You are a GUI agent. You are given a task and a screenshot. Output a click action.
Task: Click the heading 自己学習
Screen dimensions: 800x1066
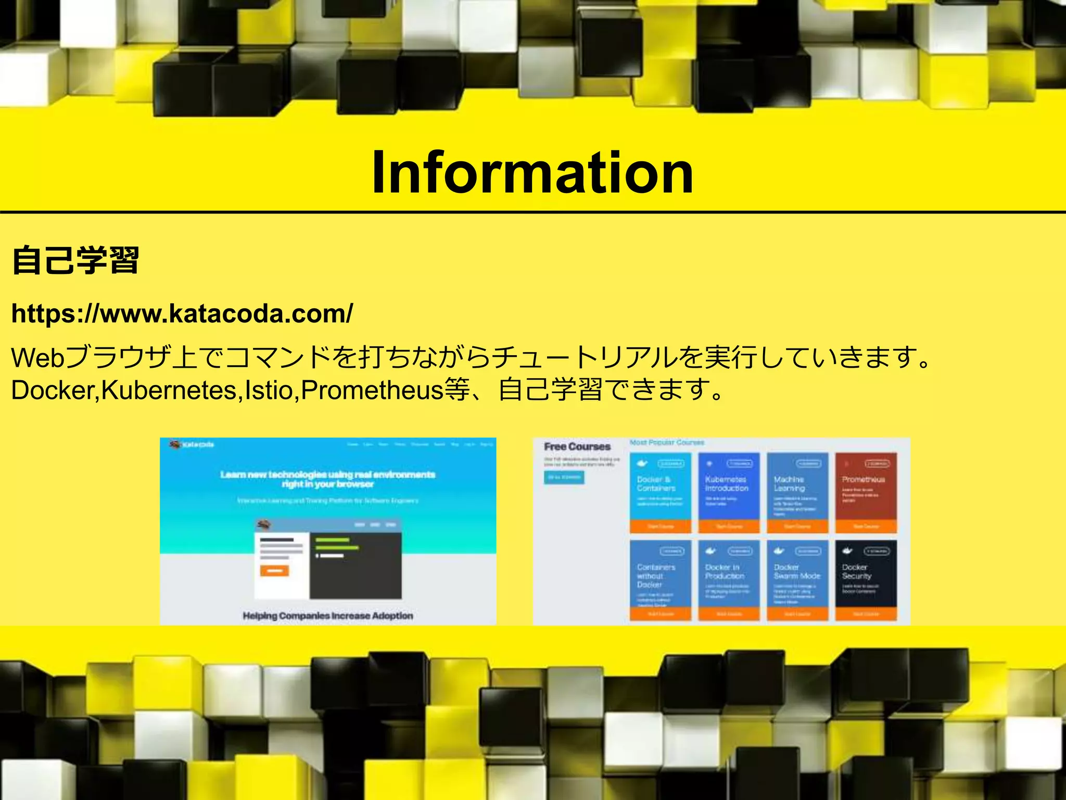point(75,260)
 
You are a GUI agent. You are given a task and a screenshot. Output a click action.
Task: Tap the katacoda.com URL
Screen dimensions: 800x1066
point(182,314)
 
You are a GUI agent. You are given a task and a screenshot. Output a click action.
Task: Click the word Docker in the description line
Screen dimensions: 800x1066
point(52,391)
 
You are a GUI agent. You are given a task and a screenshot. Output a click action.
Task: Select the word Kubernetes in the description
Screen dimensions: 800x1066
point(169,391)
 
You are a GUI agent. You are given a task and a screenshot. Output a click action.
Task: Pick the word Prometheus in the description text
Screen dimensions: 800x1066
point(372,391)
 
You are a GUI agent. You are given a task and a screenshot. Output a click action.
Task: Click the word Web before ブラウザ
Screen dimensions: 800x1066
point(37,358)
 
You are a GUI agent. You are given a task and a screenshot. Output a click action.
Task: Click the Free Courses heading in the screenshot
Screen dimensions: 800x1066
point(577,446)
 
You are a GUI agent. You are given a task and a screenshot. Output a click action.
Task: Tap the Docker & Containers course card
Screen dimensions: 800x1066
point(660,492)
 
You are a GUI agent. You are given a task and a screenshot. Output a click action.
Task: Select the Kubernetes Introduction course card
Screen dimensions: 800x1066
point(728,492)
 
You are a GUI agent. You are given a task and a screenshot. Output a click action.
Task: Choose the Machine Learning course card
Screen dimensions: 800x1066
point(797,492)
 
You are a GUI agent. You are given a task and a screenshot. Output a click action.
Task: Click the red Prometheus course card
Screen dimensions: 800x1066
point(866,492)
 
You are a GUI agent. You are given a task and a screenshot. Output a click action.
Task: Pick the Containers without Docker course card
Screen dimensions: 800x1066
point(660,579)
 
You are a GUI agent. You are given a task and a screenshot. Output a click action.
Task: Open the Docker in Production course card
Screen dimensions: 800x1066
point(728,579)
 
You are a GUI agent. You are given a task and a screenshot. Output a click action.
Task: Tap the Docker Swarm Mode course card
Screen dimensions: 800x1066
point(797,579)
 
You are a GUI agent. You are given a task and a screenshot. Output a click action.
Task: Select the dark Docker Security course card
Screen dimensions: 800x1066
point(866,579)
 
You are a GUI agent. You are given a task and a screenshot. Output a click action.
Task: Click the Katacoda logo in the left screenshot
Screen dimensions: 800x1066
point(192,445)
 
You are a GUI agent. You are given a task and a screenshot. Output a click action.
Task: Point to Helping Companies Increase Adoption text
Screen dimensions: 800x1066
point(328,616)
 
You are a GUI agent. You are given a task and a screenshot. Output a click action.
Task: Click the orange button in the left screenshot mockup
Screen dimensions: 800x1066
point(274,571)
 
